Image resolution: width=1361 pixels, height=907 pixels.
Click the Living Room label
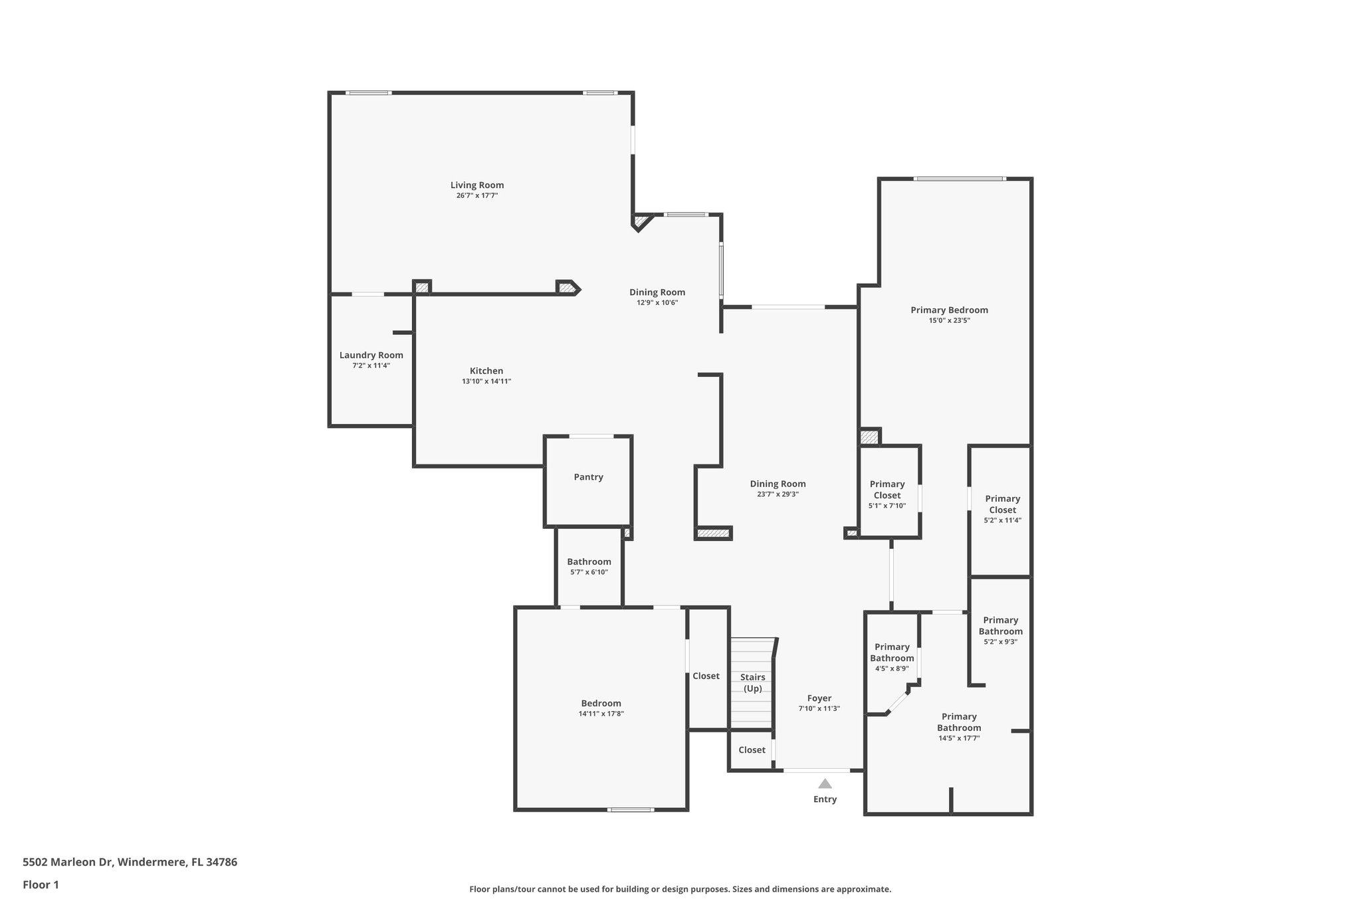coord(476,185)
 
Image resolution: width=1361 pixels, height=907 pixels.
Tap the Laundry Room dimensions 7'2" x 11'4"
coord(371,365)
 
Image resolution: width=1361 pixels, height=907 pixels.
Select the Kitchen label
coord(486,371)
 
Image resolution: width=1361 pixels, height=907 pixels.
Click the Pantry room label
coord(588,477)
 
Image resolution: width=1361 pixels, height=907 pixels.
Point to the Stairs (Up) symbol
coord(752,682)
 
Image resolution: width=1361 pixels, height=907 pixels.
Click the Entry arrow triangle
coord(825,783)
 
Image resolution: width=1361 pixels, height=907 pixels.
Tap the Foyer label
coord(819,698)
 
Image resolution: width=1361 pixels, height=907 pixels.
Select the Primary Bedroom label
coord(948,310)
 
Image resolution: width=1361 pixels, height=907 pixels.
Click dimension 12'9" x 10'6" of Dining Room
coord(657,303)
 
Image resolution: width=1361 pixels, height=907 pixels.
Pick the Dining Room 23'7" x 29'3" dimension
coord(778,494)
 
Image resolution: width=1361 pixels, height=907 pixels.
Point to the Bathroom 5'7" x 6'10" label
coord(588,562)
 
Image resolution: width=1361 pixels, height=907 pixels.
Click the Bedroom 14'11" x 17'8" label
coord(601,704)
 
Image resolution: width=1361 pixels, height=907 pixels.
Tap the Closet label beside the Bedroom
coord(706,676)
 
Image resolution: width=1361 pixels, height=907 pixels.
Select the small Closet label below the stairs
coord(752,750)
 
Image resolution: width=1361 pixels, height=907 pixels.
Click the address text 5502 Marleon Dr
coord(130,862)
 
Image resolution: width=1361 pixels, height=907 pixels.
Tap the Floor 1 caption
coord(41,884)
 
